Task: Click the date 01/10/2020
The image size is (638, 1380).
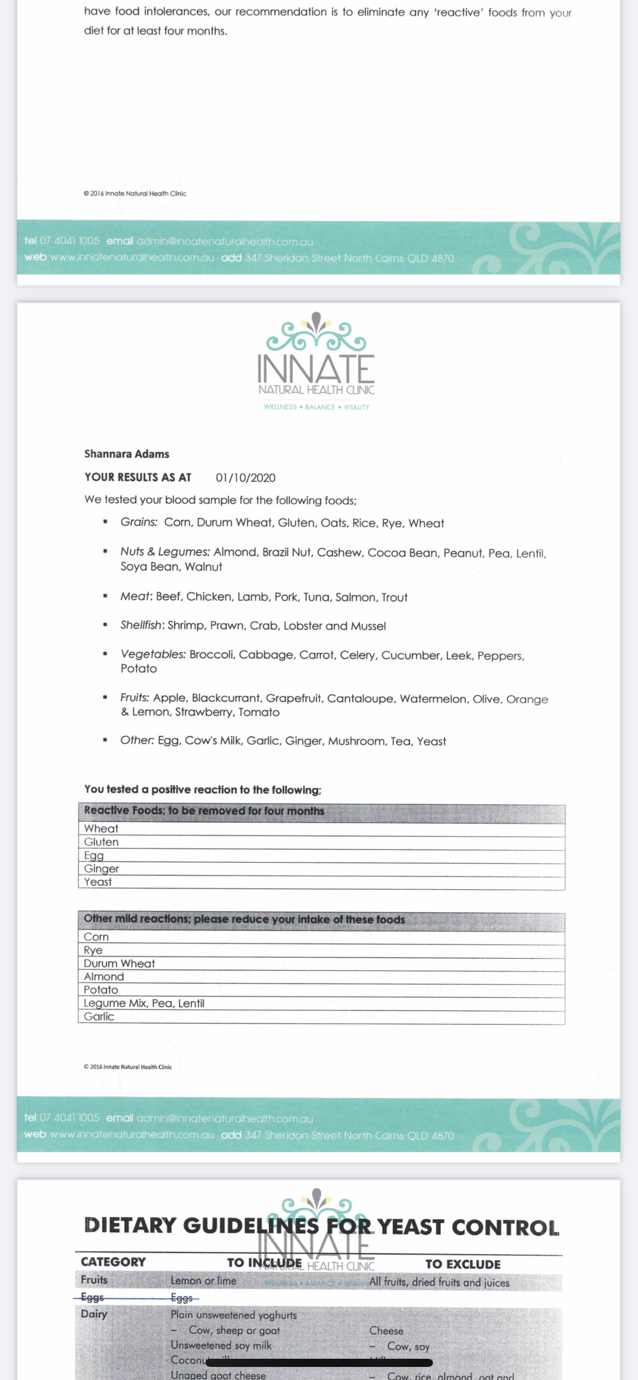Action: pyautogui.click(x=245, y=478)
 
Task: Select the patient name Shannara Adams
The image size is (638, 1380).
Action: pyautogui.click(x=127, y=454)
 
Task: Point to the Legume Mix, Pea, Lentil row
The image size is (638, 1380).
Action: pyautogui.click(x=144, y=1003)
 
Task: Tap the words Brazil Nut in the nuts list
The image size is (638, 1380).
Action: pyautogui.click(x=286, y=553)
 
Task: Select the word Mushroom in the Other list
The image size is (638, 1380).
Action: pyautogui.click(x=356, y=741)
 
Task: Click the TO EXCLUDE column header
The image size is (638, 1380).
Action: pyautogui.click(x=463, y=1264)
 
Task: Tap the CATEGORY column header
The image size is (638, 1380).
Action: pyautogui.click(x=113, y=1262)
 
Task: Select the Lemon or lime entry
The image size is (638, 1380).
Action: pyautogui.click(x=203, y=1281)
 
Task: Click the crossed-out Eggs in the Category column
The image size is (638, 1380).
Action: pyautogui.click(x=92, y=1297)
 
